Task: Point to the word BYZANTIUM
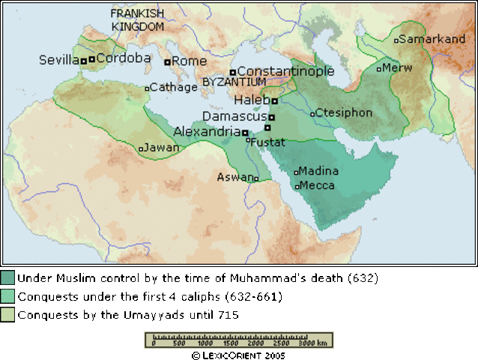234,82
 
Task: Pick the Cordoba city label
123,58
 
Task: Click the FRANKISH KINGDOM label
137,20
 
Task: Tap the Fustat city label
267,141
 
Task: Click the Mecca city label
318,185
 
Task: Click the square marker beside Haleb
274,100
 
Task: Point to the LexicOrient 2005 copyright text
239,354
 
